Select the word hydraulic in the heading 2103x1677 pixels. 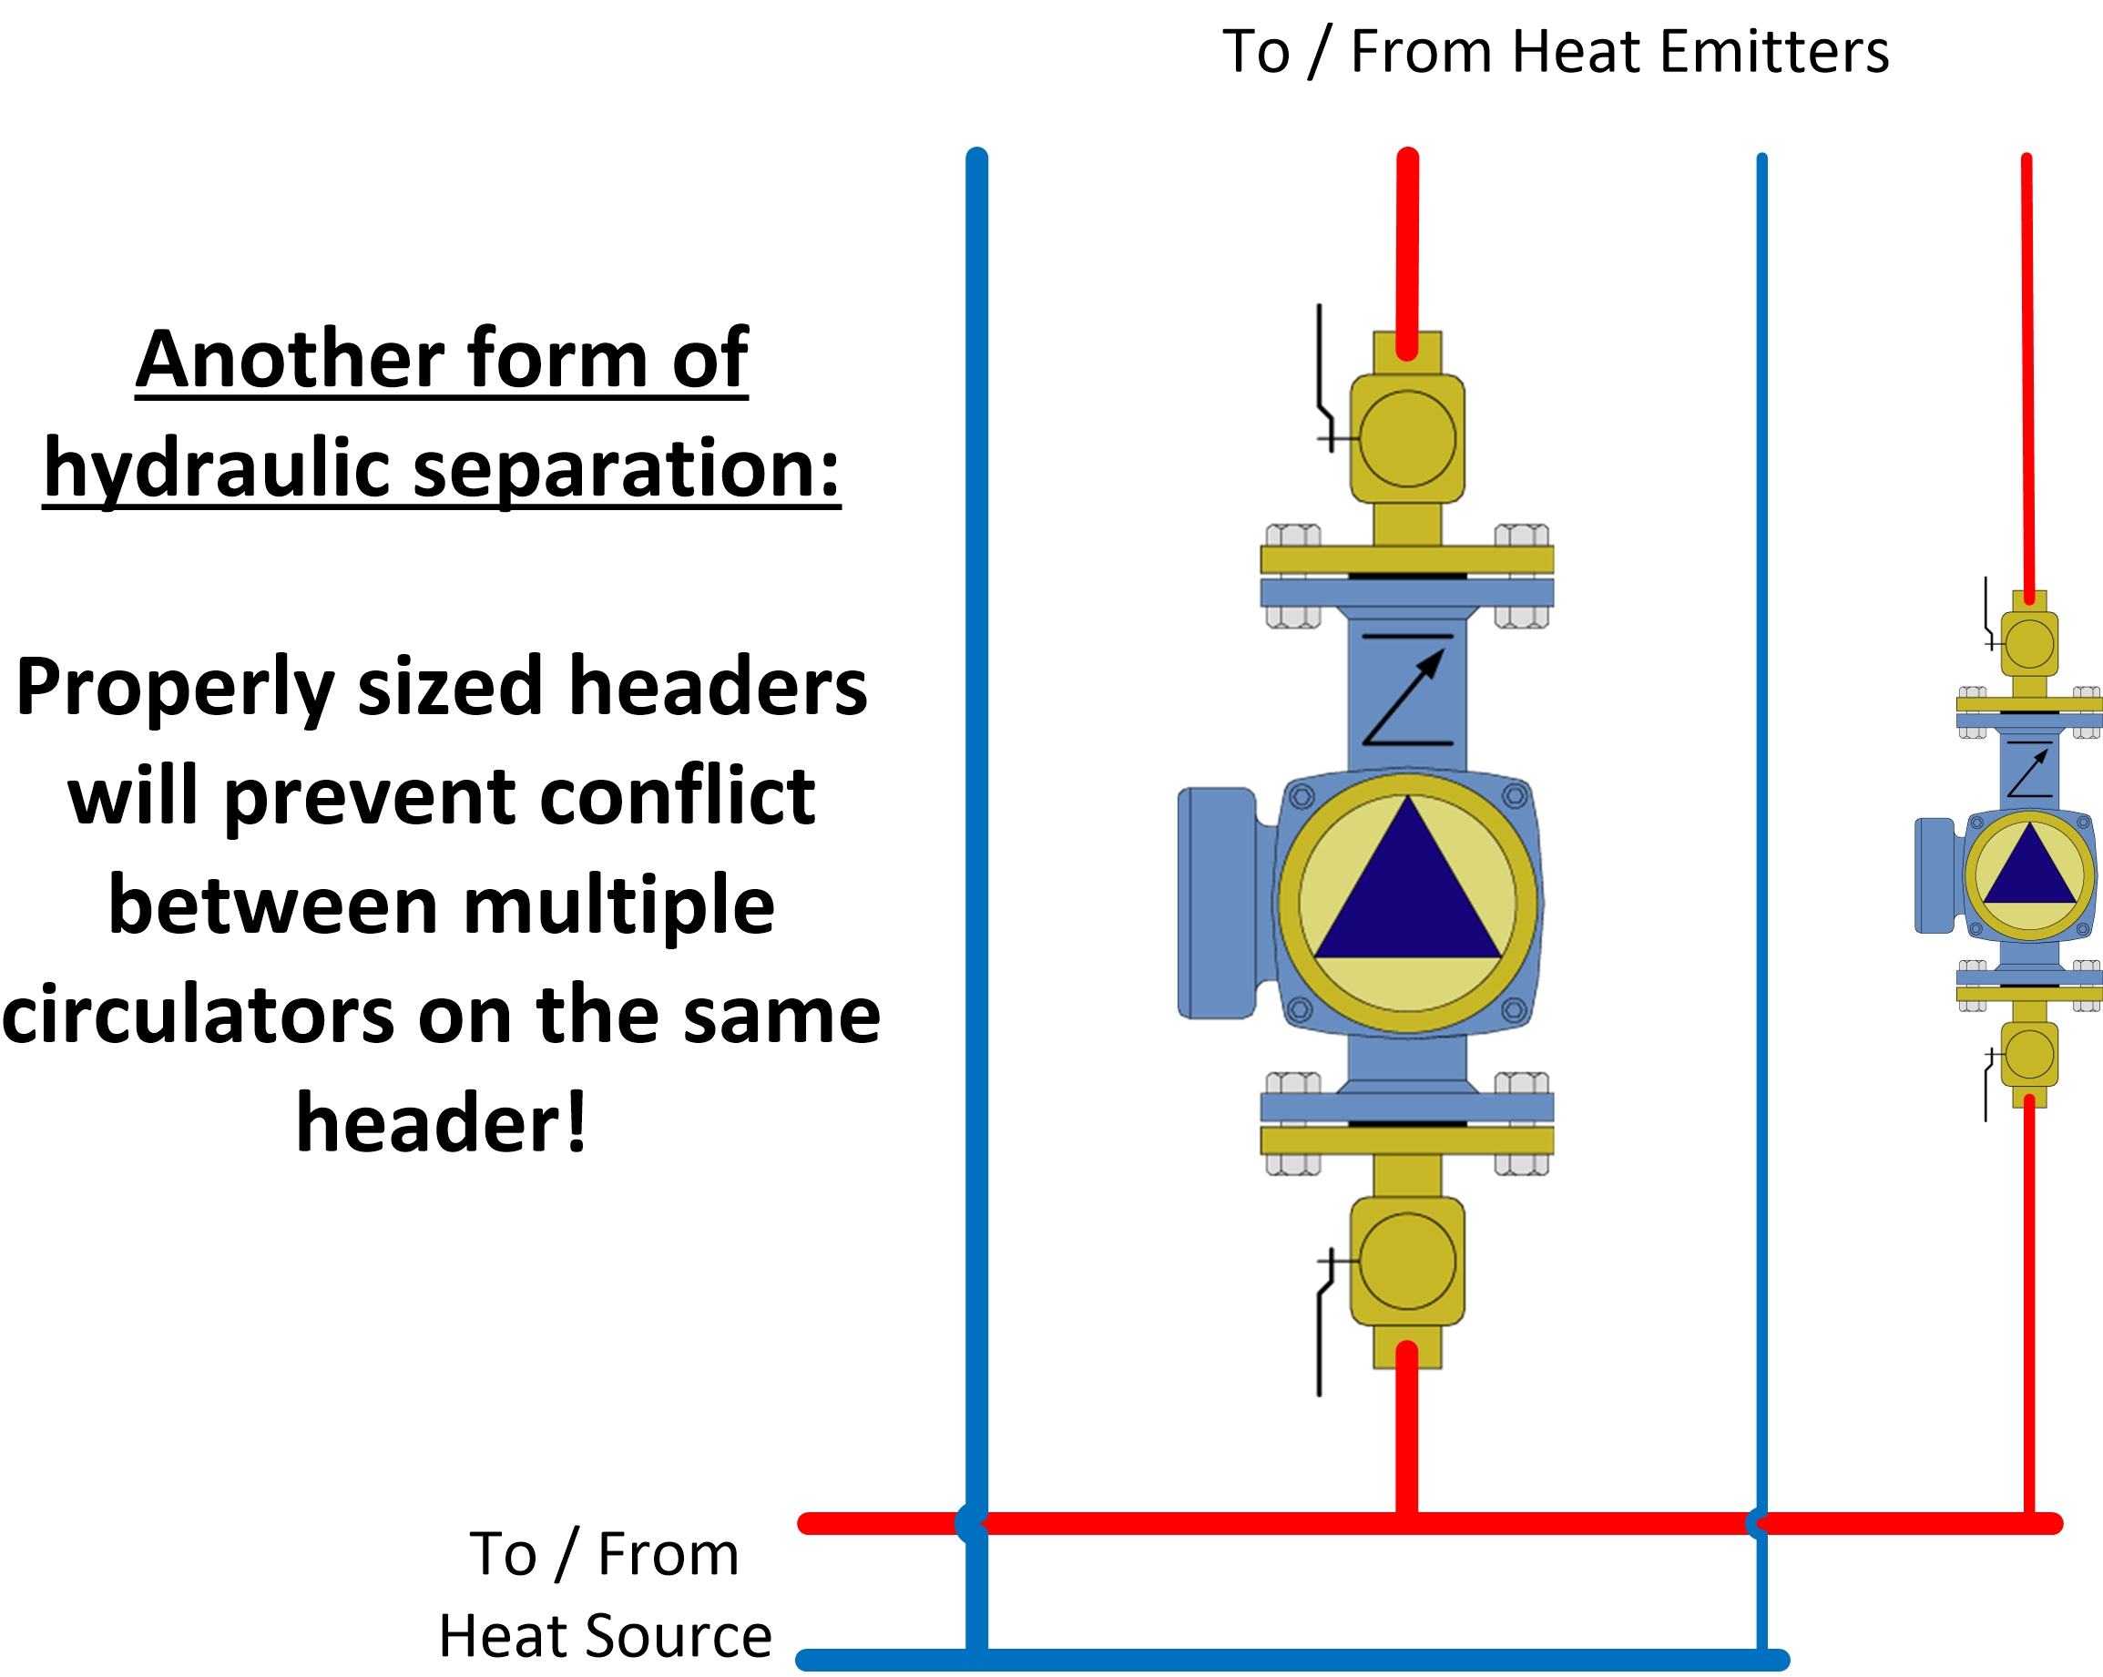tap(217, 469)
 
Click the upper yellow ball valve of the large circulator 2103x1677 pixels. tap(1406, 438)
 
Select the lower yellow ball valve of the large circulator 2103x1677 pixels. tap(1406, 1262)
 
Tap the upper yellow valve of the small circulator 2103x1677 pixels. tap(2029, 644)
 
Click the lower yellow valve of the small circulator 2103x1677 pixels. tap(2029, 1055)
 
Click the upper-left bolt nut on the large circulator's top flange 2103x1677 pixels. tap(1292, 535)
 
